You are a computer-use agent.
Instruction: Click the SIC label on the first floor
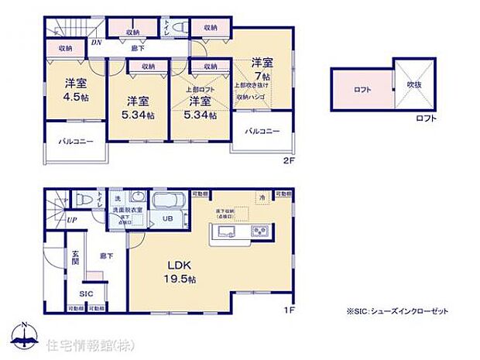pyautogui.click(x=86, y=294)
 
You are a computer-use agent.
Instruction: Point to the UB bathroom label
pyautogui.click(x=166, y=218)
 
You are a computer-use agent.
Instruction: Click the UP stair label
pyautogui.click(x=72, y=219)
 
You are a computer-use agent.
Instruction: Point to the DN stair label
pyautogui.click(x=96, y=43)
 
